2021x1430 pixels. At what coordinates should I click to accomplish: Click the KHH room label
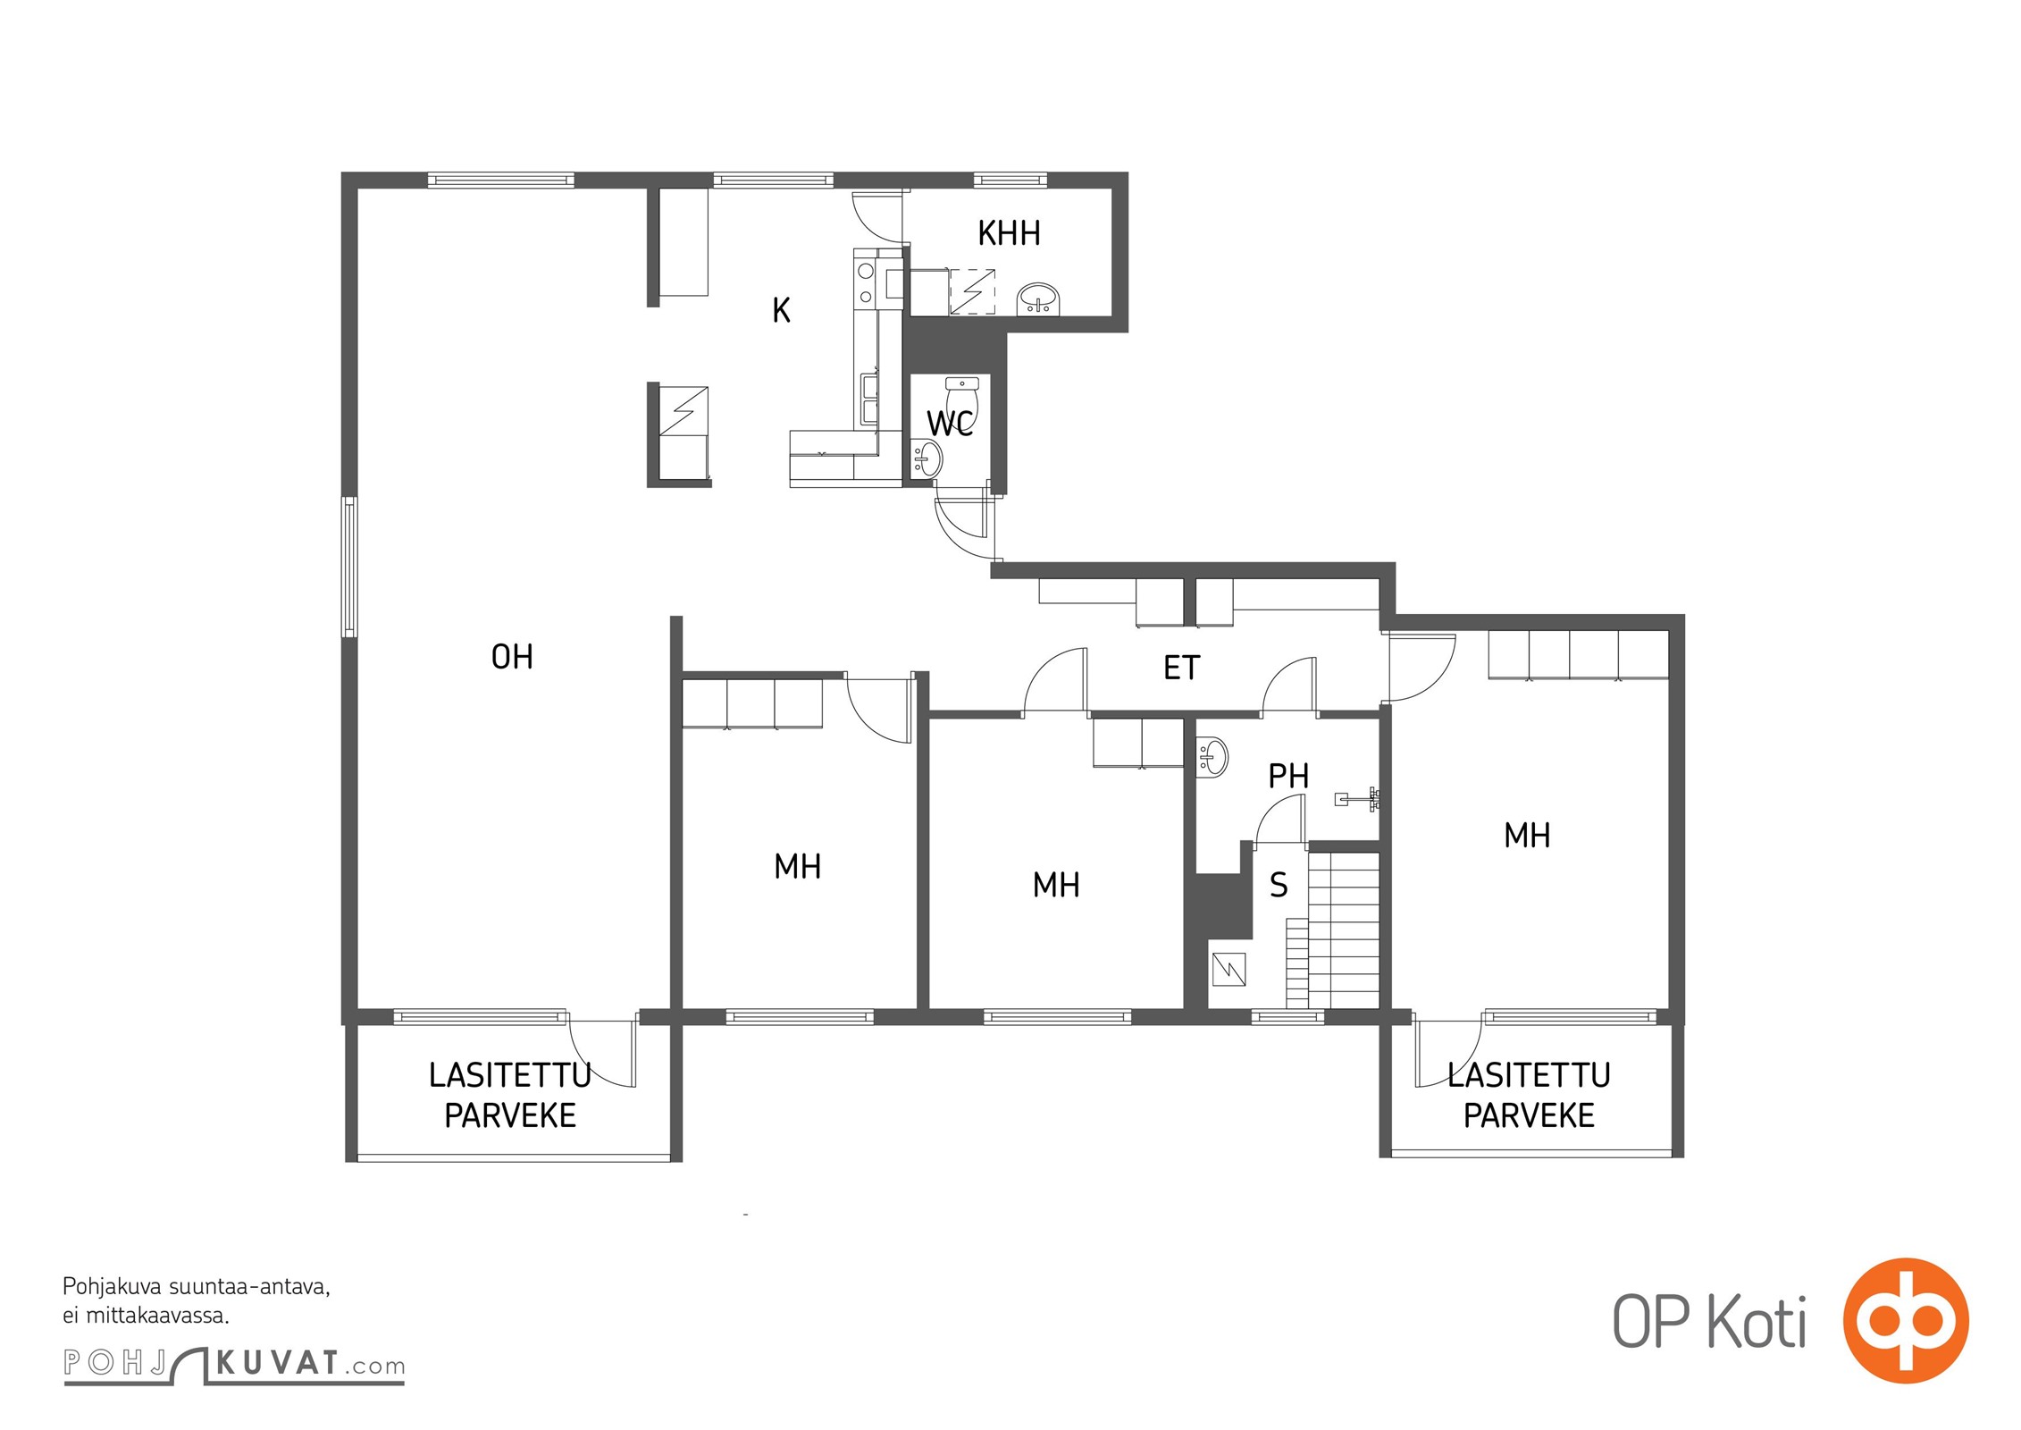[1009, 233]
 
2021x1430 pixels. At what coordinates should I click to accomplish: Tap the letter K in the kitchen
[781, 310]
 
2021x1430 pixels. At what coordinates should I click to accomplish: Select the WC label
[950, 423]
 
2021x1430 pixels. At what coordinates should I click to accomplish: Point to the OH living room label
[512, 657]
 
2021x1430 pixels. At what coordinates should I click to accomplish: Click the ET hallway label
[1181, 668]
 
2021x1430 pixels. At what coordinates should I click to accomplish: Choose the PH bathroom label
[1288, 776]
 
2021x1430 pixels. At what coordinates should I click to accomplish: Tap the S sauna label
[1279, 885]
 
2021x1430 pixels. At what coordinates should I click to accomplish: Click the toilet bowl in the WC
[962, 399]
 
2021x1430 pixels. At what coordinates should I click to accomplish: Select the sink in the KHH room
[1038, 299]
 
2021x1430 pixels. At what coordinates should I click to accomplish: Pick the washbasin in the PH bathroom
[1212, 757]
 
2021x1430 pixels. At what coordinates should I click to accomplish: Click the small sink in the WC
[927, 458]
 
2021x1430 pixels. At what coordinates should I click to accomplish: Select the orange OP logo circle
[1906, 1319]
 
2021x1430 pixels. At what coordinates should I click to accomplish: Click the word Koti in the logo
[1757, 1322]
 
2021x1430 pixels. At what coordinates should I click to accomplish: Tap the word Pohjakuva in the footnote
[113, 1288]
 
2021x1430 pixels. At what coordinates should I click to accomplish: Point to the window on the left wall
[350, 567]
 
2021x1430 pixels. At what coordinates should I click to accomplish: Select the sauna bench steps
[1332, 930]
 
